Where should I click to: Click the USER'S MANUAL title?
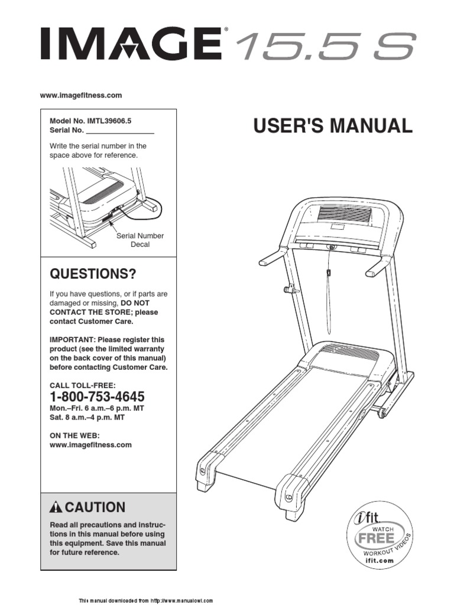(x=333, y=126)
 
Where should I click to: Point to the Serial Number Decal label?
(x=140, y=240)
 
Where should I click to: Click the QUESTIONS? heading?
(x=93, y=274)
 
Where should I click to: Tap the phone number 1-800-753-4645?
(x=97, y=396)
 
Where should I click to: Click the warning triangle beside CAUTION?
(x=56, y=507)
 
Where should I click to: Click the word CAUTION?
(x=95, y=507)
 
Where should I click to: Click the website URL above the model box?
(x=81, y=95)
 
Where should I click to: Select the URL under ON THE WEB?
(x=90, y=445)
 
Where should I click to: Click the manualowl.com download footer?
(x=145, y=600)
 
